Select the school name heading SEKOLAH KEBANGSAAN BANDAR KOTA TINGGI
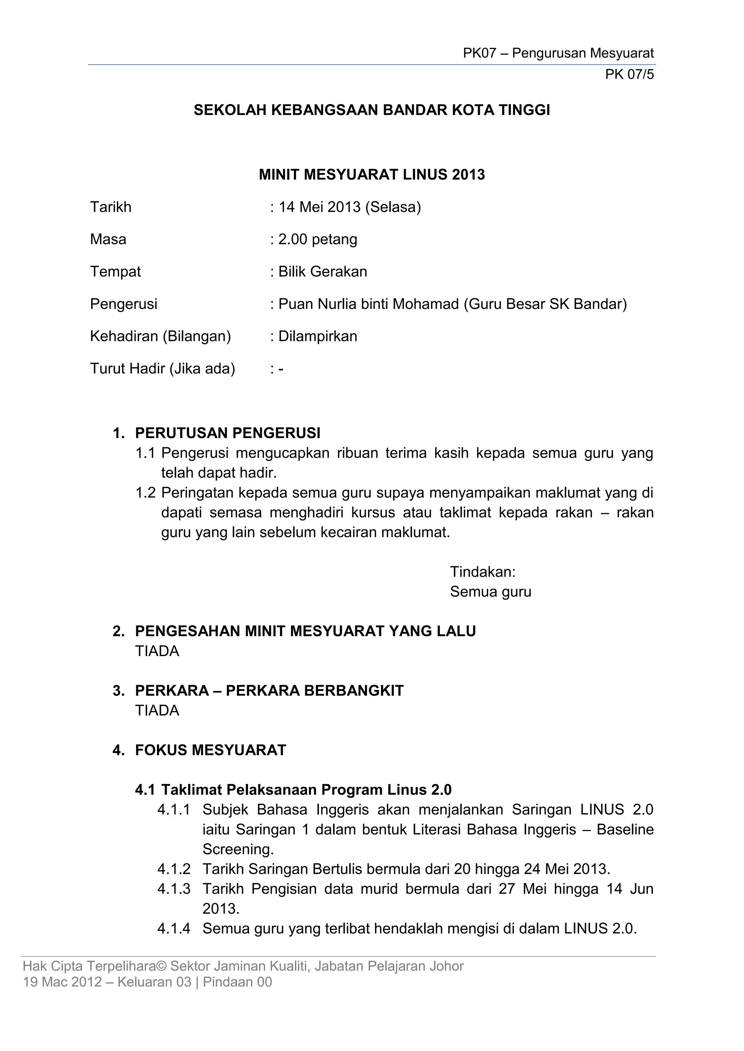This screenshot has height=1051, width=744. click(x=372, y=110)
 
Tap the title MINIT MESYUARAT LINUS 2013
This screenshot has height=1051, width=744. click(x=372, y=175)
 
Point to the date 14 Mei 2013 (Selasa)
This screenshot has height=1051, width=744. click(x=349, y=207)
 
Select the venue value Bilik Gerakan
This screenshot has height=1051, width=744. click(x=323, y=272)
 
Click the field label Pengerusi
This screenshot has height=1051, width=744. click(x=124, y=304)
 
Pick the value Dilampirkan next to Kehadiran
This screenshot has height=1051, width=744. click(x=318, y=336)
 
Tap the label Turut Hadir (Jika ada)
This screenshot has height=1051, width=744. click(x=163, y=368)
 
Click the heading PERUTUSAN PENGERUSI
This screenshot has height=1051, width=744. click(x=228, y=433)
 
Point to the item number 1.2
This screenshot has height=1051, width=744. click(x=145, y=493)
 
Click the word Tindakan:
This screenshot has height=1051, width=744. click(x=482, y=572)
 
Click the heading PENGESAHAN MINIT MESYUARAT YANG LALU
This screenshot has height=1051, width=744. click(x=305, y=631)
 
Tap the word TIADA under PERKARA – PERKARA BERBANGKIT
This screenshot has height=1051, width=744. click(x=157, y=711)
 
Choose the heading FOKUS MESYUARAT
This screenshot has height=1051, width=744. click(x=210, y=750)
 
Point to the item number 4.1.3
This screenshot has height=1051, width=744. click(x=174, y=889)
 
